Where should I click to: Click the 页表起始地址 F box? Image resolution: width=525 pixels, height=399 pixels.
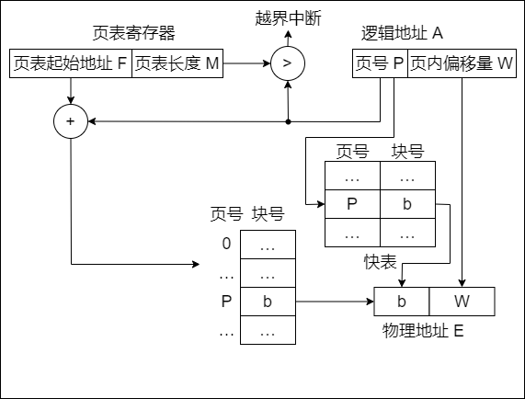tap(71, 64)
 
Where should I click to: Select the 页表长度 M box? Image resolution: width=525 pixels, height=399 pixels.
tap(177, 64)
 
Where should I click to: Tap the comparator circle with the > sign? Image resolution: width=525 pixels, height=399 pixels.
tap(287, 64)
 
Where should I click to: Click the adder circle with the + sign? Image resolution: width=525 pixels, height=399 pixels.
tap(71, 120)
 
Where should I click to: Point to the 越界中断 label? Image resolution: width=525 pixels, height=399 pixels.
tap(287, 17)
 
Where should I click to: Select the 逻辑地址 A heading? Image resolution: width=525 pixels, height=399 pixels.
tap(403, 33)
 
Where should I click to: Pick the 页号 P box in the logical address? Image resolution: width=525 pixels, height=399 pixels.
tap(380, 64)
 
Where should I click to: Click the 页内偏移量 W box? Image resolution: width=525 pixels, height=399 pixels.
tap(462, 64)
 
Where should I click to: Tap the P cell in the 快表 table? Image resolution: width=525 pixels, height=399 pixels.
tap(352, 204)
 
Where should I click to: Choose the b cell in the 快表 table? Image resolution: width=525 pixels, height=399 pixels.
tap(407, 204)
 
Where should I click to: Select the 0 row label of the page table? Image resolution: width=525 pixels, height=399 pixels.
tap(226, 245)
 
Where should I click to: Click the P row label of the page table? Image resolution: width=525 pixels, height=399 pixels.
tap(226, 301)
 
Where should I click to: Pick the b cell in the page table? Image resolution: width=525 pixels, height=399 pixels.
tap(268, 301)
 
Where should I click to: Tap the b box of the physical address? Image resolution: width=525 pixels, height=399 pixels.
tap(402, 301)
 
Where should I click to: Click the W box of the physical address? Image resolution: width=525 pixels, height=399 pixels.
tap(462, 301)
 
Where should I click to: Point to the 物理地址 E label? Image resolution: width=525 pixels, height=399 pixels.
tap(422, 329)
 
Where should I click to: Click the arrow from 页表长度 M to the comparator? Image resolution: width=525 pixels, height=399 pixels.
tap(245, 64)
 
